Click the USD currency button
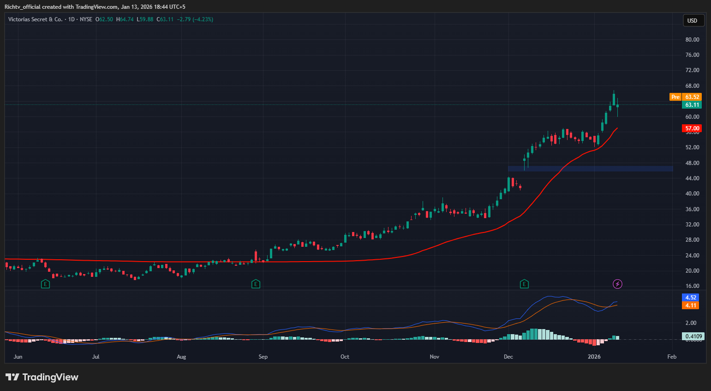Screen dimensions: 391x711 tap(693, 20)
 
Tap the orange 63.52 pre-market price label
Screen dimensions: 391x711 tap(692, 97)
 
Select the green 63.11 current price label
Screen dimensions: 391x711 tap(692, 105)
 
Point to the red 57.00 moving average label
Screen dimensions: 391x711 tap(692, 128)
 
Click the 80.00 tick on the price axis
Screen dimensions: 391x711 tap(692, 40)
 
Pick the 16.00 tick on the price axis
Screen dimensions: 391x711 tap(692, 286)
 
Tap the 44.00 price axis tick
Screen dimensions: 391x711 tap(692, 178)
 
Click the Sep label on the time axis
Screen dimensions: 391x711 tap(263, 357)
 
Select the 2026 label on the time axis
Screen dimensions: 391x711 tap(594, 357)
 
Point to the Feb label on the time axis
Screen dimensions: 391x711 tap(672, 357)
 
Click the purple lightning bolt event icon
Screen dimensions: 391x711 tap(617, 284)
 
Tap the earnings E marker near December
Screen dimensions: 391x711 tap(524, 284)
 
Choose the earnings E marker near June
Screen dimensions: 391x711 tap(45, 284)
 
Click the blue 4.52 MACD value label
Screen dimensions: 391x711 tap(690, 298)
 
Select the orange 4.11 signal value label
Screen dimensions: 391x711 tap(690, 305)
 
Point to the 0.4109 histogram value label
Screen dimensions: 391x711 tap(693, 336)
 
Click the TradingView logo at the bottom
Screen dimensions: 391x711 tap(42, 377)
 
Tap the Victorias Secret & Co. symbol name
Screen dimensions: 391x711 tap(35, 19)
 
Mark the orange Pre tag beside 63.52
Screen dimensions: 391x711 tap(675, 97)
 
